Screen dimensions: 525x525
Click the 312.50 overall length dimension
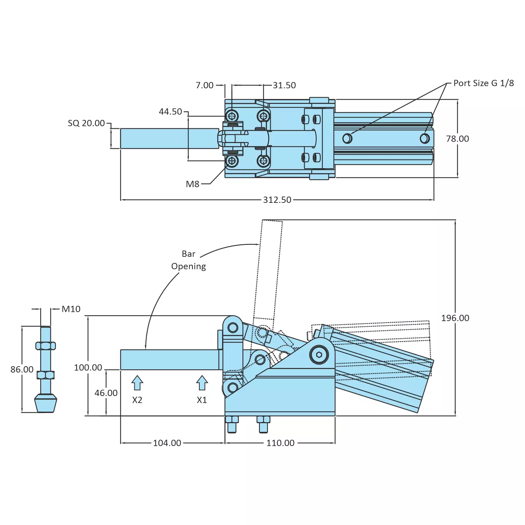click(x=277, y=200)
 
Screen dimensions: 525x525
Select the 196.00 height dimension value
click(x=455, y=318)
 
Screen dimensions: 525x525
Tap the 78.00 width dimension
click(x=457, y=139)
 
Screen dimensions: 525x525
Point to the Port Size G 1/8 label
click(x=483, y=83)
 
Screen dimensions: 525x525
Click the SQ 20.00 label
click(x=86, y=123)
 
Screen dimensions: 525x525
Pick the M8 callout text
click(x=192, y=184)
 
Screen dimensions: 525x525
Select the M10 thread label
click(x=71, y=309)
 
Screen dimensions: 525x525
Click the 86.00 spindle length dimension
click(x=22, y=369)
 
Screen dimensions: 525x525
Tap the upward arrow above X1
click(x=202, y=383)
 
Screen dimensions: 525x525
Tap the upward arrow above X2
click(x=137, y=383)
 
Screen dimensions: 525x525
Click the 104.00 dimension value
click(x=167, y=443)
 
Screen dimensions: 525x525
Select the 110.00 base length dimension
click(x=280, y=443)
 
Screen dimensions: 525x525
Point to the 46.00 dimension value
click(x=106, y=393)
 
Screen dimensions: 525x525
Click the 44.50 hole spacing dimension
click(x=170, y=112)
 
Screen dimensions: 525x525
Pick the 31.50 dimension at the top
click(x=284, y=85)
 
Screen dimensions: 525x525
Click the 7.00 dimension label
click(x=204, y=85)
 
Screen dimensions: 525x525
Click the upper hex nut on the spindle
click(x=45, y=346)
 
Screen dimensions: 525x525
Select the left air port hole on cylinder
click(x=347, y=139)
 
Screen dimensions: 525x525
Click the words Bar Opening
click(x=189, y=260)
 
